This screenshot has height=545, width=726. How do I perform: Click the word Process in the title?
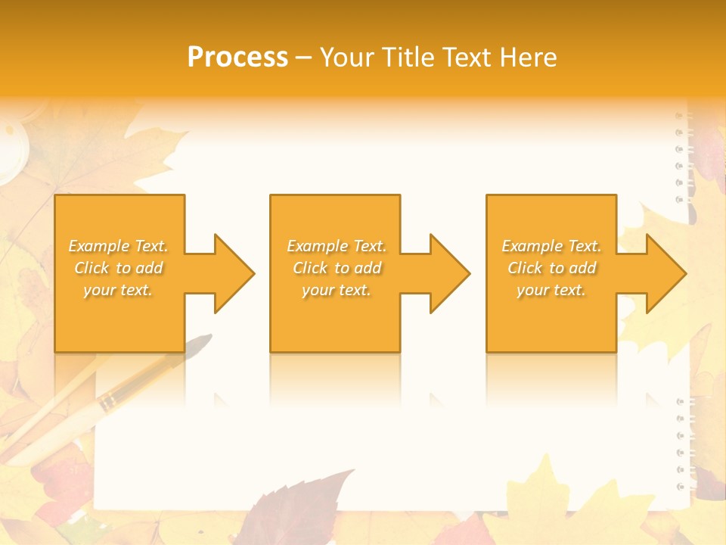pyautogui.click(x=237, y=57)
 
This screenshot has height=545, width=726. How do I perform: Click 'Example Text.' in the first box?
pyautogui.click(x=118, y=246)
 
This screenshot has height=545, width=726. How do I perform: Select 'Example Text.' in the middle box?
pyautogui.click(x=337, y=246)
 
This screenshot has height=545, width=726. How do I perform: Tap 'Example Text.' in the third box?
pyautogui.click(x=551, y=246)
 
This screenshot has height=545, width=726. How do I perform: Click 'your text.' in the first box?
pyautogui.click(x=118, y=290)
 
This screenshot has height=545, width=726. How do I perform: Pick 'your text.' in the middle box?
pyautogui.click(x=337, y=290)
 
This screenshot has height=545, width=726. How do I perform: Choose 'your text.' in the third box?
pyautogui.click(x=551, y=290)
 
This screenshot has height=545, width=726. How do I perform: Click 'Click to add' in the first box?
pyautogui.click(x=118, y=268)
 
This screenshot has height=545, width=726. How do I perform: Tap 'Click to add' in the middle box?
pyautogui.click(x=337, y=268)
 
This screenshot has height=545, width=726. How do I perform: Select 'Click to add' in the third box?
pyautogui.click(x=551, y=268)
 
